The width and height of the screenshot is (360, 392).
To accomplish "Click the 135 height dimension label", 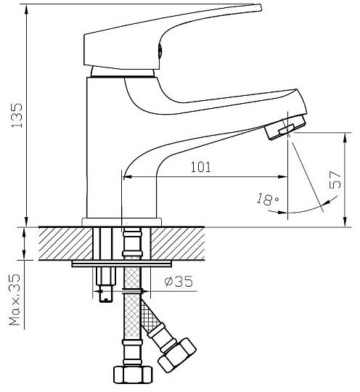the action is [x=17, y=115].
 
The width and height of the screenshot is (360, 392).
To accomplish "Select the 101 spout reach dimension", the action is [x=201, y=167].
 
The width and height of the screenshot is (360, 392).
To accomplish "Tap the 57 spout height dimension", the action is [x=335, y=180].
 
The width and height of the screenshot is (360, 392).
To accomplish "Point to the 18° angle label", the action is [x=267, y=199].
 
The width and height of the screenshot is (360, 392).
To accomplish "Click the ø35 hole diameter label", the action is [x=179, y=282].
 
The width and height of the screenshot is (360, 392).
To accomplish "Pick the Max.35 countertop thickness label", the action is [x=15, y=300].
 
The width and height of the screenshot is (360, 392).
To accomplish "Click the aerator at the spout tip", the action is [x=285, y=127].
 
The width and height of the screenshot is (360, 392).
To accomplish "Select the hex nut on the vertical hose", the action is [x=133, y=375].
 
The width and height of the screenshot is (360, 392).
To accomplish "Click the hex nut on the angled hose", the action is [x=177, y=355].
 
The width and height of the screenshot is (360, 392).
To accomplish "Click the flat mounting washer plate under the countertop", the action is [x=122, y=264].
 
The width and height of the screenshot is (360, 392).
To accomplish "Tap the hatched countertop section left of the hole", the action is [x=65, y=244].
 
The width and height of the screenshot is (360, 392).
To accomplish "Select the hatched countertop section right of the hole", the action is [x=178, y=244].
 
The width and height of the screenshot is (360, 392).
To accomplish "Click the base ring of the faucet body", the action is [x=122, y=222].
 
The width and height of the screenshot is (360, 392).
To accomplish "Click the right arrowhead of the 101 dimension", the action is [x=282, y=177].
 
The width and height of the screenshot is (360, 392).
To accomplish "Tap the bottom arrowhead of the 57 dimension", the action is [x=345, y=221].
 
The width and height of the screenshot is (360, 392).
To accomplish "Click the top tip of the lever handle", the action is [x=260, y=7].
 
